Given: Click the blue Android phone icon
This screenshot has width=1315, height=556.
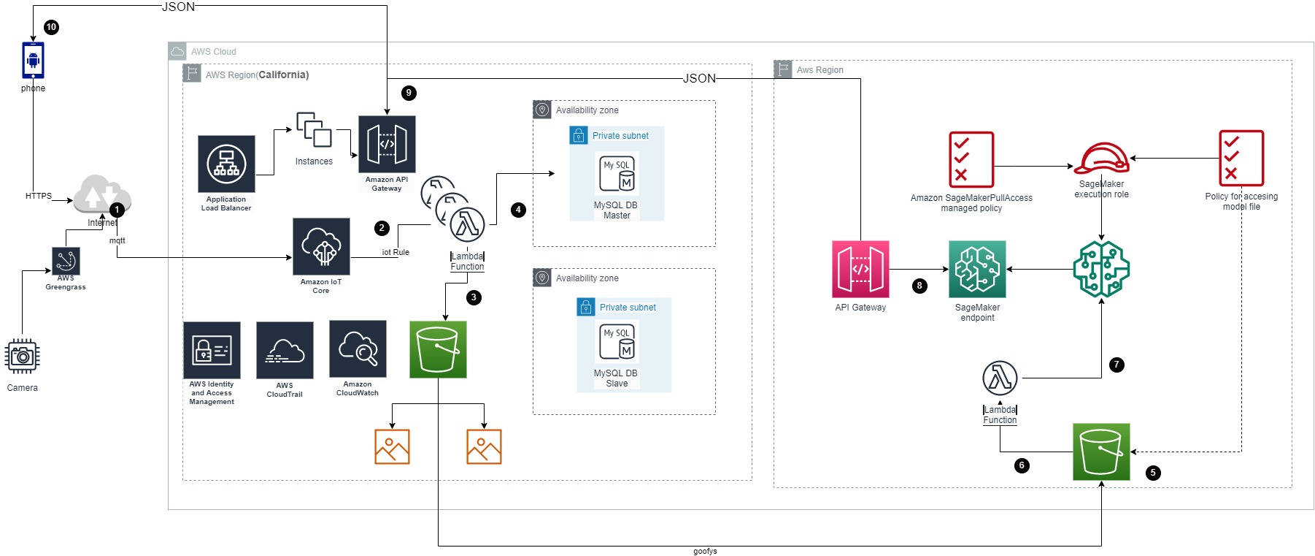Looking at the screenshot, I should click(x=33, y=60).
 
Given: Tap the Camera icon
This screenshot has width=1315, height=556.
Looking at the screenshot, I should click(x=22, y=357).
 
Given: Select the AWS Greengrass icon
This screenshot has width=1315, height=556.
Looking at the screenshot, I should click(x=66, y=260).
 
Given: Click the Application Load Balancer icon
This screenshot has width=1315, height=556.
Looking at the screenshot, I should click(x=226, y=164).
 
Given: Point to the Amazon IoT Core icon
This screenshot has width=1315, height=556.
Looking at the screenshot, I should click(x=321, y=246).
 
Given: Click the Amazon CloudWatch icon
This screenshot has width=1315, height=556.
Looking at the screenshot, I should click(x=358, y=349).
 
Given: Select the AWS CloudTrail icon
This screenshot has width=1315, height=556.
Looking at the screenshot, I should click(x=285, y=350).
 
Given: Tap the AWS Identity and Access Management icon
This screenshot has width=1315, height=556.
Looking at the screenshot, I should click(x=212, y=350).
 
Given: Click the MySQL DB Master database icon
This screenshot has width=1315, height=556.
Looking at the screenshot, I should click(x=617, y=173).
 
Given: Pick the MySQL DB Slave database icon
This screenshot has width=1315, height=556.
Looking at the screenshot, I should click(x=617, y=341).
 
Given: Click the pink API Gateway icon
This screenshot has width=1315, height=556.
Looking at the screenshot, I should click(x=860, y=269).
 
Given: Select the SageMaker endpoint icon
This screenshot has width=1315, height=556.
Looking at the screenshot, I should click(x=977, y=269).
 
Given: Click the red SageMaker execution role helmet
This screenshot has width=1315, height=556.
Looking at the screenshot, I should click(x=1101, y=159).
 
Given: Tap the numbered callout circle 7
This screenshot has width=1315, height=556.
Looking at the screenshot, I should click(x=1117, y=365).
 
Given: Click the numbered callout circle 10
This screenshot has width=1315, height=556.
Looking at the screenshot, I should click(x=51, y=27).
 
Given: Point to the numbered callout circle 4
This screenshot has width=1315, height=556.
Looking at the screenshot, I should click(x=518, y=210).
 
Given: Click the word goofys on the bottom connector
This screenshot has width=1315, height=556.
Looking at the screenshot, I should click(x=705, y=551).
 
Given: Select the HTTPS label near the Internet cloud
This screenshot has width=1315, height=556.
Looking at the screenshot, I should click(x=39, y=196).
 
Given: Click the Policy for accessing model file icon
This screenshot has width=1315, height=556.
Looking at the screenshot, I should click(x=1241, y=159).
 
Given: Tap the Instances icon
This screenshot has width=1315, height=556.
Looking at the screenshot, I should click(x=314, y=130).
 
